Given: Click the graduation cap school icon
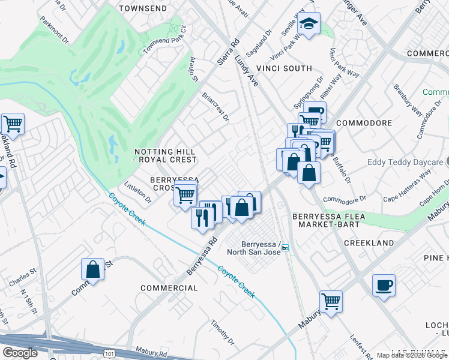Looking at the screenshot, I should click(309, 24).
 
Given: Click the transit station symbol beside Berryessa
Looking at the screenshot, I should click(285, 247).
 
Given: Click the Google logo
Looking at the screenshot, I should click(20, 353).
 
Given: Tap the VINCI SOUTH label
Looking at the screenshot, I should click(285, 68).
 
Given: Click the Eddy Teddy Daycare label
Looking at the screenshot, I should click(408, 163).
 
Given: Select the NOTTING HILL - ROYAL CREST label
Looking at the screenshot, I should click(165, 155).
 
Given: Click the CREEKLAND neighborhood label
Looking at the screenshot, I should click(369, 243).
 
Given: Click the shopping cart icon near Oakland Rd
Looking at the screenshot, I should click(13, 124).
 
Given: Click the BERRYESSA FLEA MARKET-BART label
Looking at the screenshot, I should click(325, 220).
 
